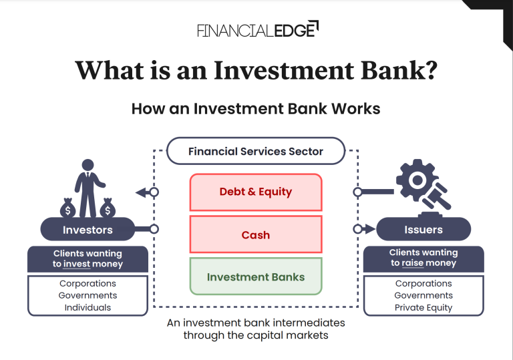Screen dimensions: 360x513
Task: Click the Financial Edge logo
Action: pos(258,29)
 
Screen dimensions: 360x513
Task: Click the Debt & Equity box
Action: pos(256,192)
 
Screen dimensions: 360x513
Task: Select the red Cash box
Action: pos(256,235)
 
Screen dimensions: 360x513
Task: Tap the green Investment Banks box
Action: pos(256,277)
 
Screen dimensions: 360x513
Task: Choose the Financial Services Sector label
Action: pos(256,152)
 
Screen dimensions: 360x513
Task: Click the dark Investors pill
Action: pos(88,230)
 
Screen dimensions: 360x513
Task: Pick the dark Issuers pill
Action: pos(423,230)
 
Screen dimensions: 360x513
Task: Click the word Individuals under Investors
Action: pos(88,308)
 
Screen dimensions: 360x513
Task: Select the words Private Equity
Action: pos(423,308)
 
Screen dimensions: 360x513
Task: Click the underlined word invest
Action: pos(77,264)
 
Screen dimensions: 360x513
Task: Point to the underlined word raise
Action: pos(414,263)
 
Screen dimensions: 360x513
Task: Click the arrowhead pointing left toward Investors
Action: pos(141,192)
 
